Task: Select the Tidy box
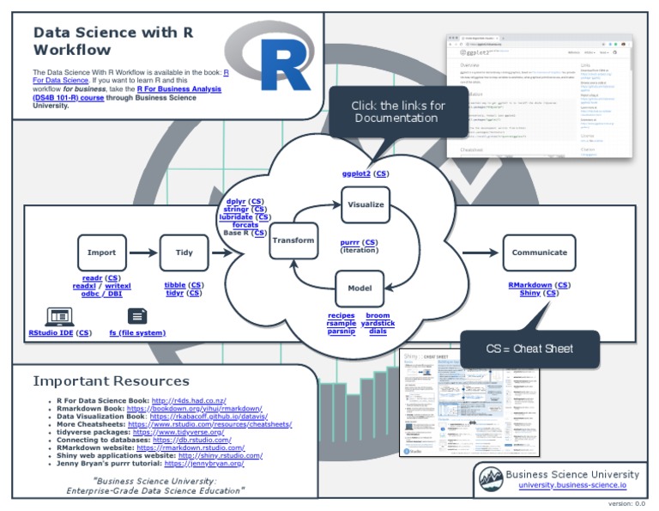tap(184, 252)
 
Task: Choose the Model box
tap(359, 289)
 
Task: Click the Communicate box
tap(539, 252)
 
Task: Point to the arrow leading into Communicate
tap(481, 252)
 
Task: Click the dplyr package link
tap(236, 201)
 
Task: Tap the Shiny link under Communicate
tap(530, 294)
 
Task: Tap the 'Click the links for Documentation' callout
tap(398, 112)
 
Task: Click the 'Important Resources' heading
tap(111, 380)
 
